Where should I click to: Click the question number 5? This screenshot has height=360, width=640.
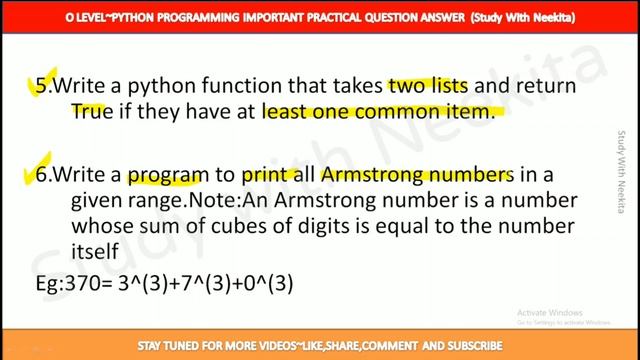(x=41, y=88)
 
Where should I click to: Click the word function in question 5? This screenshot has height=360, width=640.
(x=251, y=88)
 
